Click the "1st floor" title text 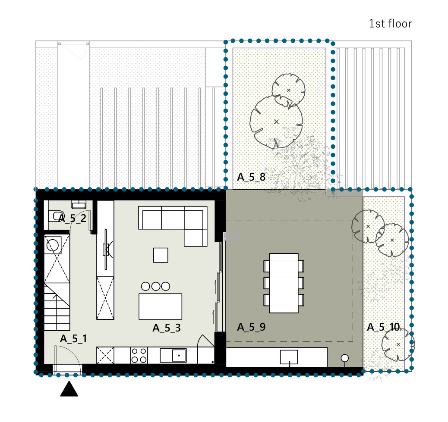point(390,24)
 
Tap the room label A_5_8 point(251,177)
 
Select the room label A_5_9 point(251,327)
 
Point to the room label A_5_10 point(383,327)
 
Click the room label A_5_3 point(167,328)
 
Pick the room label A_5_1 point(73,339)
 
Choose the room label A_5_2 point(72,219)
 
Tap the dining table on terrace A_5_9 point(284,283)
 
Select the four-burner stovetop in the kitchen point(139,356)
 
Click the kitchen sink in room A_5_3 point(173,356)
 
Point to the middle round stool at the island point(156,286)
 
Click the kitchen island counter point(160,306)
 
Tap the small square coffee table point(161,255)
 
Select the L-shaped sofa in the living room point(173,222)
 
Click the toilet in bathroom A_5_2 point(56,216)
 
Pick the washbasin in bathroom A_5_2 point(79,204)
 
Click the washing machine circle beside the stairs point(53,245)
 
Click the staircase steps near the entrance point(57,307)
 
